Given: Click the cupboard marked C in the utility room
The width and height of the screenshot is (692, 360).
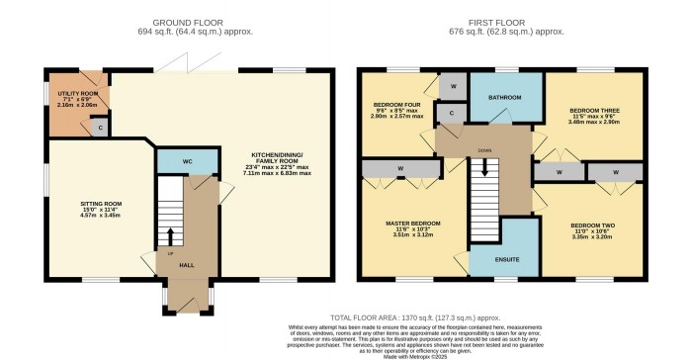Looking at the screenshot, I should tap(99, 127).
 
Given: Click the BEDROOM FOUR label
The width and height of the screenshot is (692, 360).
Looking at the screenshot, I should tap(392, 104).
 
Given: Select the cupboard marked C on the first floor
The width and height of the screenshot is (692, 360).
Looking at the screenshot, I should tap(451, 114).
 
